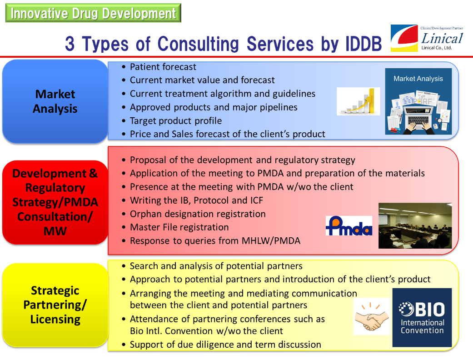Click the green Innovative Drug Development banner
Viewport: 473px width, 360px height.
click(x=93, y=13)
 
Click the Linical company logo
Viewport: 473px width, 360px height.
click(x=427, y=38)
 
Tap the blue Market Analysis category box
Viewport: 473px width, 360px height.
click(x=55, y=101)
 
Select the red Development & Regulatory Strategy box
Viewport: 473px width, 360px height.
click(x=55, y=202)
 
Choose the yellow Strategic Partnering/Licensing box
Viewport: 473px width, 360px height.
click(x=55, y=305)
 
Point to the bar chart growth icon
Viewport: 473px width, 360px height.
click(x=358, y=101)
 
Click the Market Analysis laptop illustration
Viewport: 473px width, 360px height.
click(x=418, y=101)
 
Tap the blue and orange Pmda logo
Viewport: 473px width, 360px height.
click(x=349, y=226)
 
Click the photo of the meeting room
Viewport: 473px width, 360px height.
click(x=415, y=226)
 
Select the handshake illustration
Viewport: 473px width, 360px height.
click(x=372, y=316)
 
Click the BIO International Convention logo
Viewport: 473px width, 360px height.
click(x=422, y=317)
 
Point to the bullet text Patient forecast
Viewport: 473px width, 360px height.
click(x=163, y=67)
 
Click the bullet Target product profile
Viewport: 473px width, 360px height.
click(x=176, y=121)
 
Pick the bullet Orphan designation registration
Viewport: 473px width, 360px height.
click(x=198, y=214)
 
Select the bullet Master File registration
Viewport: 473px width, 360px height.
click(x=179, y=227)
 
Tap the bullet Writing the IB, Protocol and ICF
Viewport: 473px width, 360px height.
click(x=196, y=200)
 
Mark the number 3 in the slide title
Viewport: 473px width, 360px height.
click(x=70, y=44)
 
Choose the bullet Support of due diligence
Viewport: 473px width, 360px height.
click(x=225, y=344)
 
